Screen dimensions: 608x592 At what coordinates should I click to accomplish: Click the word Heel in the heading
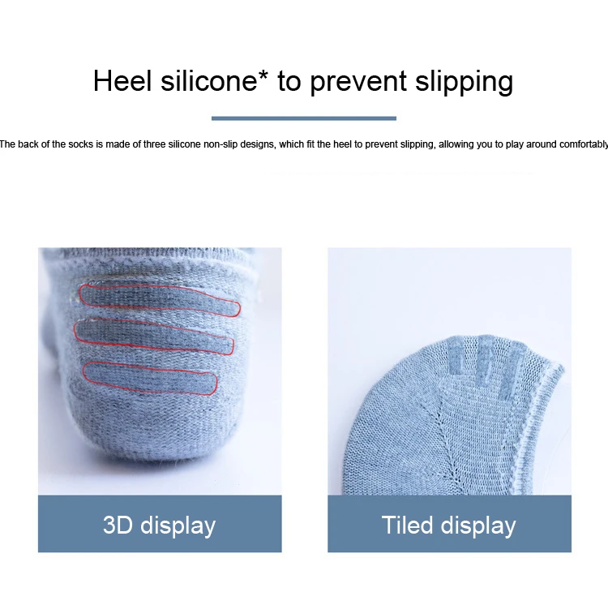122,81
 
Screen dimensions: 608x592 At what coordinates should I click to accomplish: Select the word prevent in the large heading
358,82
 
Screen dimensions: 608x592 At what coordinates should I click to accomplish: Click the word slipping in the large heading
465,82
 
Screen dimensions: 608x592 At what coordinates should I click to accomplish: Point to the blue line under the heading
304,118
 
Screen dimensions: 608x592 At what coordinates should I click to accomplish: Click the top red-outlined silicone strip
160,300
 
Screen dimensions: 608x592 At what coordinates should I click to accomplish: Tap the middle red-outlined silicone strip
153,336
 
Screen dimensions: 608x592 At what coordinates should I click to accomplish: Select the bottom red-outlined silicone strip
150,378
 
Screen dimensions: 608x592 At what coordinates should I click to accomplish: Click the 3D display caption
160,525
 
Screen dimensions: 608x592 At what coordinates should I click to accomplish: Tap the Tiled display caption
448,525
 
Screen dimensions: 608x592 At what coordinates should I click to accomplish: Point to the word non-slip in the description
221,144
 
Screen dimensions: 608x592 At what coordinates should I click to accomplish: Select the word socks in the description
81,144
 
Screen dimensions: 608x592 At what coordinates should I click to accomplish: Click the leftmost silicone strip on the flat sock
456,356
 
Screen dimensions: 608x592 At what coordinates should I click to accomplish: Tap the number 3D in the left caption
118,525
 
